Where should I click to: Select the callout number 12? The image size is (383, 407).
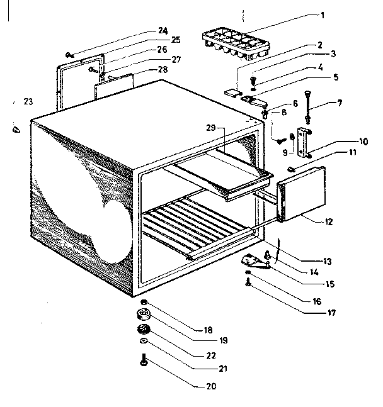coord(330,221)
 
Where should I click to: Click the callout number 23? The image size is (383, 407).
coord(27,101)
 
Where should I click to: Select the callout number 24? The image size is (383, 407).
coord(163,30)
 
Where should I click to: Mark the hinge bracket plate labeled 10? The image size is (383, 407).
coord(305,142)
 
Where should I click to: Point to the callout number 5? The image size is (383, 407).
coord(336,77)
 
